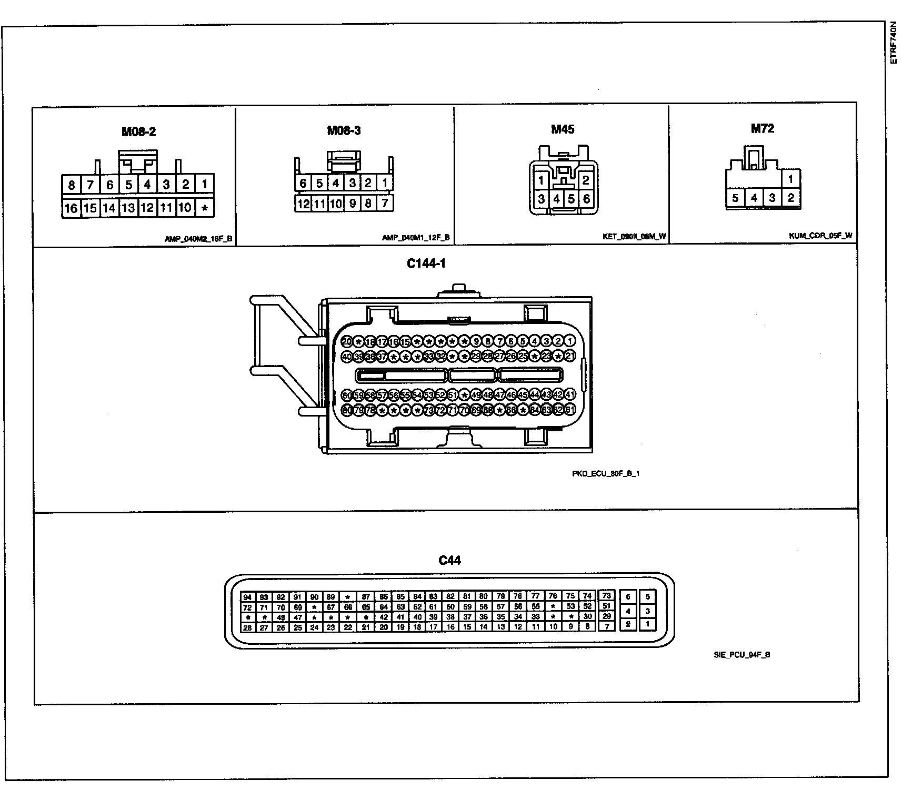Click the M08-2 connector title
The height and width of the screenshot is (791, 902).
138,131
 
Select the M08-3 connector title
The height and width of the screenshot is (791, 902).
344,130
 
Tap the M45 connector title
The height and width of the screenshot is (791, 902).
563,129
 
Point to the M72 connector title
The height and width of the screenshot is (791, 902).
762,128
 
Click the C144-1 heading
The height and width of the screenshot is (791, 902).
426,263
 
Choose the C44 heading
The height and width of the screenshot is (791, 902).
449,560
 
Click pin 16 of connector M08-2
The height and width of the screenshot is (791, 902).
71,208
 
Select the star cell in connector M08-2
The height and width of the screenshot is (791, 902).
205,208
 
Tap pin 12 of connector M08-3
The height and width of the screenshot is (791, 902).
303,204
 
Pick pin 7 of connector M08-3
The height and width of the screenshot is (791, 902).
385,203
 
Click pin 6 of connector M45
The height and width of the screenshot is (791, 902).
586,199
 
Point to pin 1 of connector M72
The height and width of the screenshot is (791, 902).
790,179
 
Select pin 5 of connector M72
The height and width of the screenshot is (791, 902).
735,198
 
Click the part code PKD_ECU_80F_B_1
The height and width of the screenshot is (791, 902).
606,473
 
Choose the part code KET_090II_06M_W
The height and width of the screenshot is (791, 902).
634,237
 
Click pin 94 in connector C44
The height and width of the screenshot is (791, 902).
247,597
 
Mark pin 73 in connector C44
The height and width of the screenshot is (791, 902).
607,595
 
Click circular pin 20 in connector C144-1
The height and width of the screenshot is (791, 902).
347,341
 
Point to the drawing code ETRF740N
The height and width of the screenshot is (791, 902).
893,43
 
